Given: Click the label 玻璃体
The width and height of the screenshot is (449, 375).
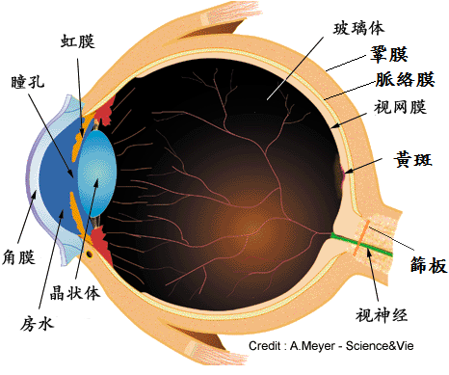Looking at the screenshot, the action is click(x=358, y=28).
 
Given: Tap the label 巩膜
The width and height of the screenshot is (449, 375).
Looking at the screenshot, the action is click(x=389, y=54).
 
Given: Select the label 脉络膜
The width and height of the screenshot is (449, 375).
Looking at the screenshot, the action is click(x=406, y=79).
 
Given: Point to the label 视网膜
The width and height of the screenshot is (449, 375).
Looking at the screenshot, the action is click(x=400, y=107).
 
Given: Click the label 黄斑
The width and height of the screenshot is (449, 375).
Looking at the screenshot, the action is click(x=413, y=159).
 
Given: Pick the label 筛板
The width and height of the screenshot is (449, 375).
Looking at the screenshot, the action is click(x=429, y=265).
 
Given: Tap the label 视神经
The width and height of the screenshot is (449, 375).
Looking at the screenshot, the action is click(x=382, y=314).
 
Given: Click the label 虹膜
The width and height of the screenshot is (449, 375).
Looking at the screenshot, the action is click(x=78, y=41).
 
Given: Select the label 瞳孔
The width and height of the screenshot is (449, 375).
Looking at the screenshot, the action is click(x=28, y=82).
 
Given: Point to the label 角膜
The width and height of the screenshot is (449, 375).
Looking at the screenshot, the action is click(x=18, y=257).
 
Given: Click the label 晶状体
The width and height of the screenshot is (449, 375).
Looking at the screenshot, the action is click(x=75, y=293).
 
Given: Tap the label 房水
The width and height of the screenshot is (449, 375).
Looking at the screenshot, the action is click(x=37, y=324).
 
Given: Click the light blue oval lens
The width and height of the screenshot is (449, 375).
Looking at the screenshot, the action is click(x=97, y=173).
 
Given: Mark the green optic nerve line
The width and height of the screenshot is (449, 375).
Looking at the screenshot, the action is click(x=361, y=245).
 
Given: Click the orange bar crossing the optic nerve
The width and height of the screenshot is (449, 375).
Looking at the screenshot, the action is click(x=361, y=238).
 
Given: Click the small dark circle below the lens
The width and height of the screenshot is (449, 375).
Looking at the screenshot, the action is click(x=90, y=254).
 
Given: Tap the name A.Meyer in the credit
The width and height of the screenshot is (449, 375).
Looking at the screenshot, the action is click(x=312, y=346).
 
